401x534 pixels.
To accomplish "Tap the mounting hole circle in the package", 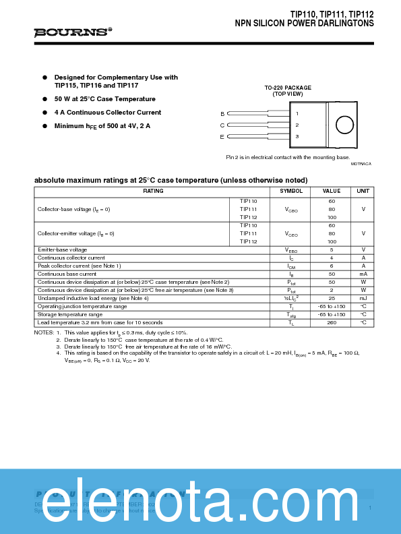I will (344, 125).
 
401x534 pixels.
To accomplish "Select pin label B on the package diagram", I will (222, 113).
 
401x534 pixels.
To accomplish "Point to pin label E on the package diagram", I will (222, 137).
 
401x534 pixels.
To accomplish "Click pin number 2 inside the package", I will (297, 125).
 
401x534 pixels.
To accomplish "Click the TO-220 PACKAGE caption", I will (288, 88).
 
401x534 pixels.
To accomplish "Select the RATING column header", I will (153, 191).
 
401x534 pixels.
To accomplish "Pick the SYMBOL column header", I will (291, 191).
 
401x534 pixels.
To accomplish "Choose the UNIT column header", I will (363, 191).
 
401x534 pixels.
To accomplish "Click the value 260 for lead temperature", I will (332, 322).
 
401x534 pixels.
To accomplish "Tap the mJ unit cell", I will (363, 298).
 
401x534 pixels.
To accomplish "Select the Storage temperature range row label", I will (70, 314).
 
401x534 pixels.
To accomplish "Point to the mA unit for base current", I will (363, 274).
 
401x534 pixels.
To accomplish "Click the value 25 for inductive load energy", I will (332, 298).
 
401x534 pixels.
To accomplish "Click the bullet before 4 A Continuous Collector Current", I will (45, 113).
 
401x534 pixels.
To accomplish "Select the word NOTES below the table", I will (43, 332).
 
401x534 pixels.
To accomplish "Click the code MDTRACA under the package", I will (361, 164).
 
